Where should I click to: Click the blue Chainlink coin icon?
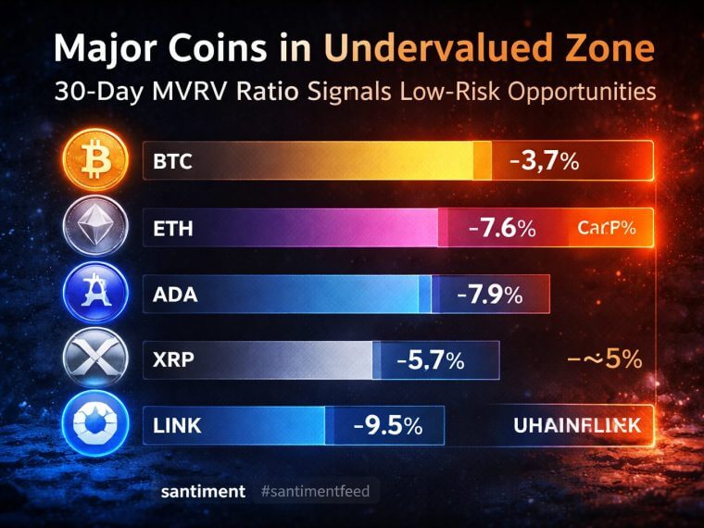click(x=94, y=425)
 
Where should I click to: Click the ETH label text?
click(x=172, y=229)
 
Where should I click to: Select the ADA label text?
click(x=174, y=295)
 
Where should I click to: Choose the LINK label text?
click(x=179, y=426)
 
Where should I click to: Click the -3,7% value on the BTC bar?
click(x=545, y=161)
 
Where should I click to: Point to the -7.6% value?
click(x=501, y=228)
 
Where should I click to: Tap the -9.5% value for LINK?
click(x=387, y=426)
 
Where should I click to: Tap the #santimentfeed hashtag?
click(x=315, y=491)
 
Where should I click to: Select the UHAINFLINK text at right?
click(x=576, y=427)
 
